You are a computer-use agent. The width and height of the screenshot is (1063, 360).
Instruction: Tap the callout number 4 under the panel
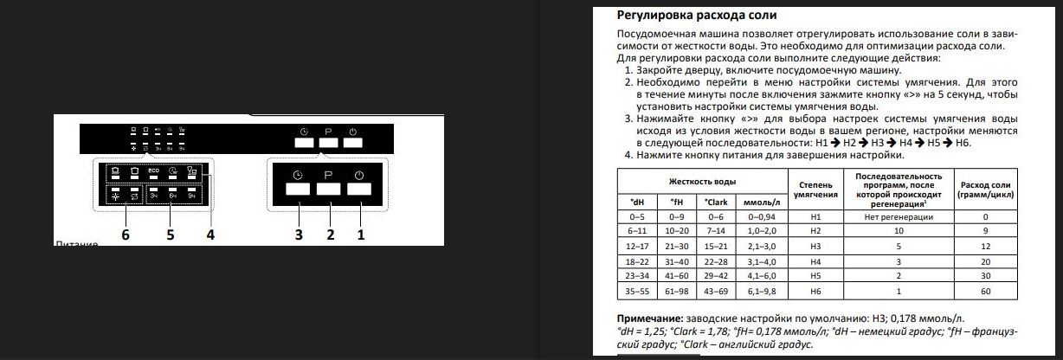209,235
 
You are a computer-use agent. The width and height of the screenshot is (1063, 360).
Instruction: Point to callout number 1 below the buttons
361,235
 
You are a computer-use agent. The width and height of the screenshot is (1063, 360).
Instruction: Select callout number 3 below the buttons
298,235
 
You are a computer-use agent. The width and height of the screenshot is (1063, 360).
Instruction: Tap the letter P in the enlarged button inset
329,175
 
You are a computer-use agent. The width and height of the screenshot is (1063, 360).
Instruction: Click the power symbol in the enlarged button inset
359,175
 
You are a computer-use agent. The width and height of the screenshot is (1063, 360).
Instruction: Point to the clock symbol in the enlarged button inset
297,175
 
